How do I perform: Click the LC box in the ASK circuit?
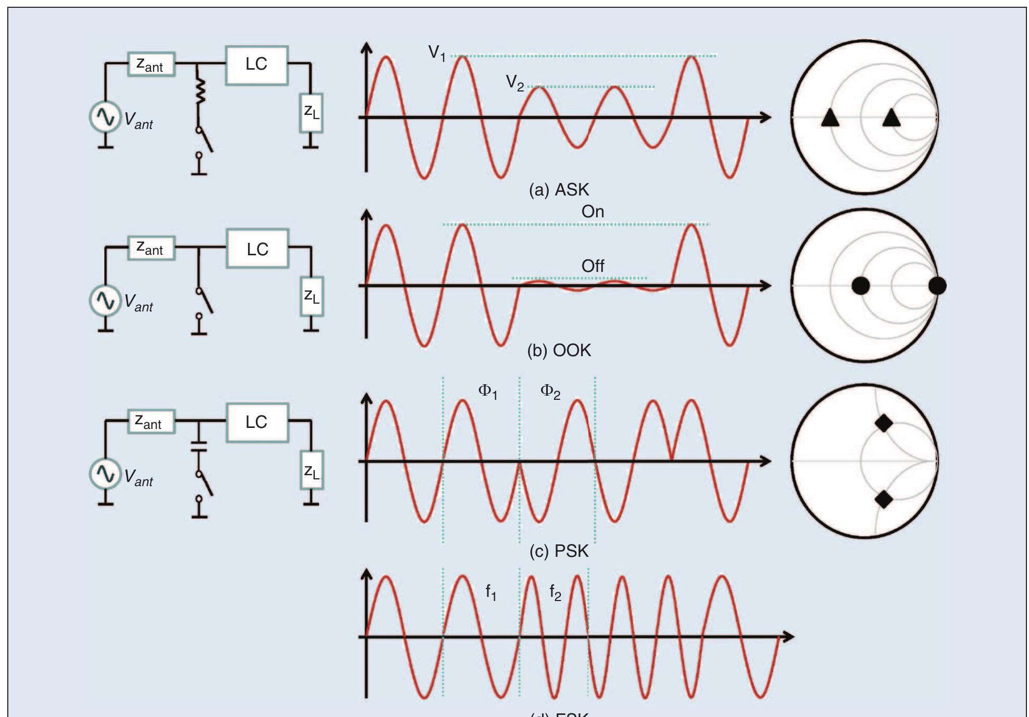pyautogui.click(x=256, y=65)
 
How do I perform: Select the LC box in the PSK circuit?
pyautogui.click(x=257, y=422)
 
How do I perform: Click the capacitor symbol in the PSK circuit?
pyautogui.click(x=199, y=446)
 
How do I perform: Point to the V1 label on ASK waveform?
pyautogui.click(x=436, y=53)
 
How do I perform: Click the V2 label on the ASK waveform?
pyautogui.click(x=514, y=83)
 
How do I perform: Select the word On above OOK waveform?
pyautogui.click(x=593, y=212)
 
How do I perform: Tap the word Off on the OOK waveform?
pyautogui.click(x=593, y=266)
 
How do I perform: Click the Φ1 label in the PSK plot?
pyautogui.click(x=487, y=392)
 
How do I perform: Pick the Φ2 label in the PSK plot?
pyautogui.click(x=550, y=392)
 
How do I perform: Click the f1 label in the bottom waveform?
pyautogui.click(x=491, y=592)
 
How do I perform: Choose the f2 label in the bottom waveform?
pyautogui.click(x=555, y=592)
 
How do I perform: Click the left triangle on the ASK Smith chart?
pyautogui.click(x=830, y=118)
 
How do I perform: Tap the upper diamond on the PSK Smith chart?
pyautogui.click(x=884, y=423)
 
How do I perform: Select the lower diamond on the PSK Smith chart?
pyautogui.click(x=884, y=500)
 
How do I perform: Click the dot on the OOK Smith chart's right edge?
pyautogui.click(x=937, y=285)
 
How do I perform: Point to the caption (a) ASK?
pyautogui.click(x=559, y=190)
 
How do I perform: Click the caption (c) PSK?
pyautogui.click(x=559, y=551)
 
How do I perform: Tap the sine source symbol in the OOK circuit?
pyautogui.click(x=105, y=301)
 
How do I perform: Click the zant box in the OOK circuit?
pyautogui.click(x=151, y=248)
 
